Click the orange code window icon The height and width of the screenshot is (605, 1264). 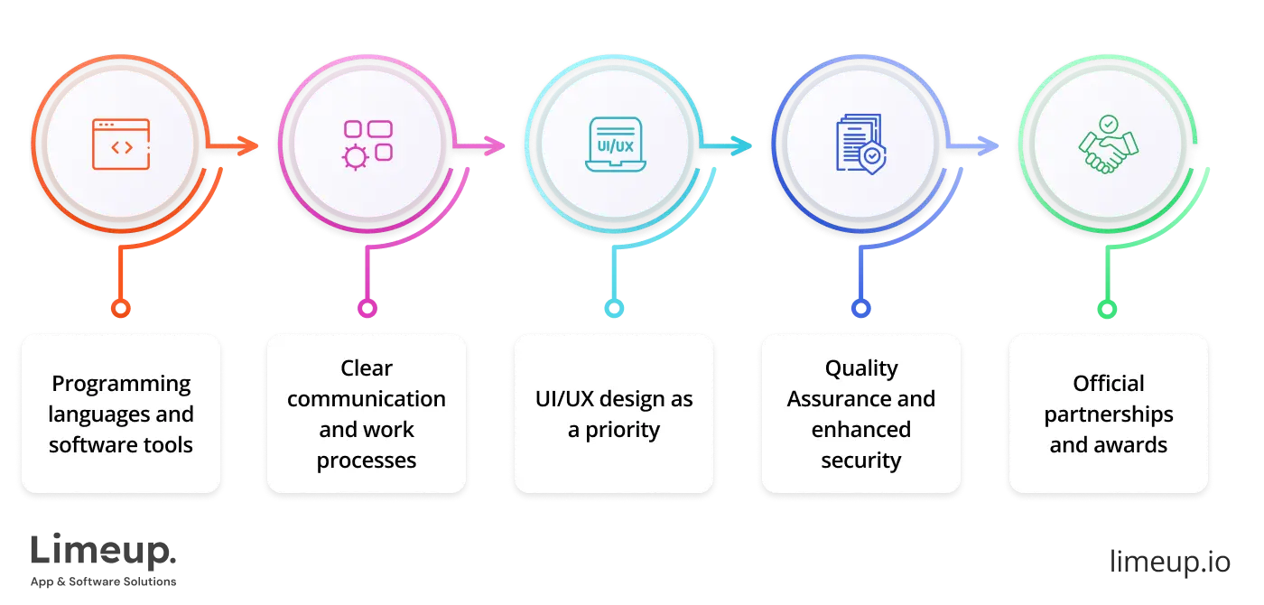pos(121,144)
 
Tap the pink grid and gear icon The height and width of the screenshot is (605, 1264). pos(367,144)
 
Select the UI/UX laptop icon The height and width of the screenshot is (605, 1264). pos(614,144)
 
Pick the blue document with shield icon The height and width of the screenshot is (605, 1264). pos(860,144)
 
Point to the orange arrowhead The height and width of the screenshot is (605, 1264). pos(247,144)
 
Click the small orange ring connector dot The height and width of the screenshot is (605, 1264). pos(120,309)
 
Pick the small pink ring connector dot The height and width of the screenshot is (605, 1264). pos(367,309)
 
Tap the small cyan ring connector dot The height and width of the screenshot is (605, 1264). pos(614,309)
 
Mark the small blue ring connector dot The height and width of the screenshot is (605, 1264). pos(860,309)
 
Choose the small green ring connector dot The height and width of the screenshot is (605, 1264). pos(1108,309)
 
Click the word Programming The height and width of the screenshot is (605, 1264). pos(121,384)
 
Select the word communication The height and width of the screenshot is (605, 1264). pos(367,399)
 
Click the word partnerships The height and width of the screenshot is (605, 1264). pos(1109,414)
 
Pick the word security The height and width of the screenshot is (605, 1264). pos(860,461)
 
